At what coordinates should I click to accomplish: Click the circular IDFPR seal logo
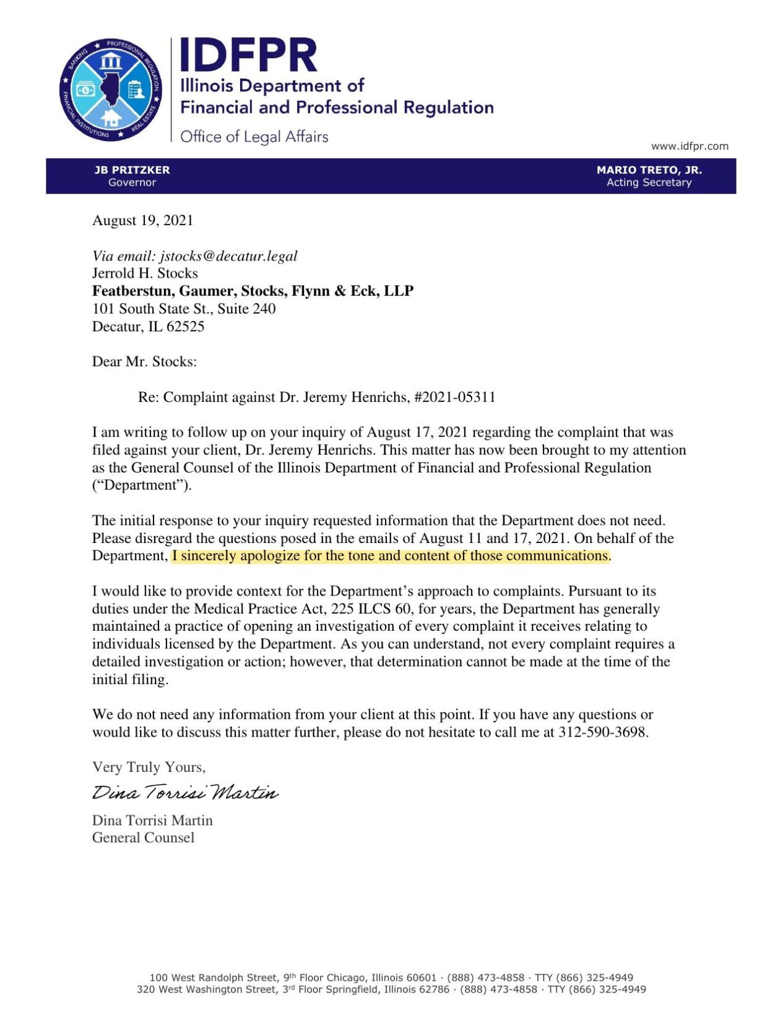(111, 89)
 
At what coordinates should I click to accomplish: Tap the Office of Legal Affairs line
(254, 136)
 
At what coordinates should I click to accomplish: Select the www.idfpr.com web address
(689, 146)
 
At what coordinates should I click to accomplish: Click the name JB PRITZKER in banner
(132, 169)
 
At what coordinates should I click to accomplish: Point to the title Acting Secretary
(648, 182)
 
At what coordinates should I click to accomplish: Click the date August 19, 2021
(142, 220)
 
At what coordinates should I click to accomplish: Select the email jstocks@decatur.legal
(228, 256)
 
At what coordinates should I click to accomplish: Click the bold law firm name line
(253, 291)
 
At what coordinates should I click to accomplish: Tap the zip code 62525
(185, 327)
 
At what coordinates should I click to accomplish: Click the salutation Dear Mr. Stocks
(144, 362)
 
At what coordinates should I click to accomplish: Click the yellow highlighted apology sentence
(390, 555)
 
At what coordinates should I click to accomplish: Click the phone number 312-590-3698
(602, 732)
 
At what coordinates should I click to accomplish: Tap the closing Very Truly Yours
(149, 767)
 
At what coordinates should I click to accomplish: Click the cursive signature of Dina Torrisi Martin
(185, 792)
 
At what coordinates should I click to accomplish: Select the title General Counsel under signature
(143, 837)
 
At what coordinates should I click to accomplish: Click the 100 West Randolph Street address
(214, 978)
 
